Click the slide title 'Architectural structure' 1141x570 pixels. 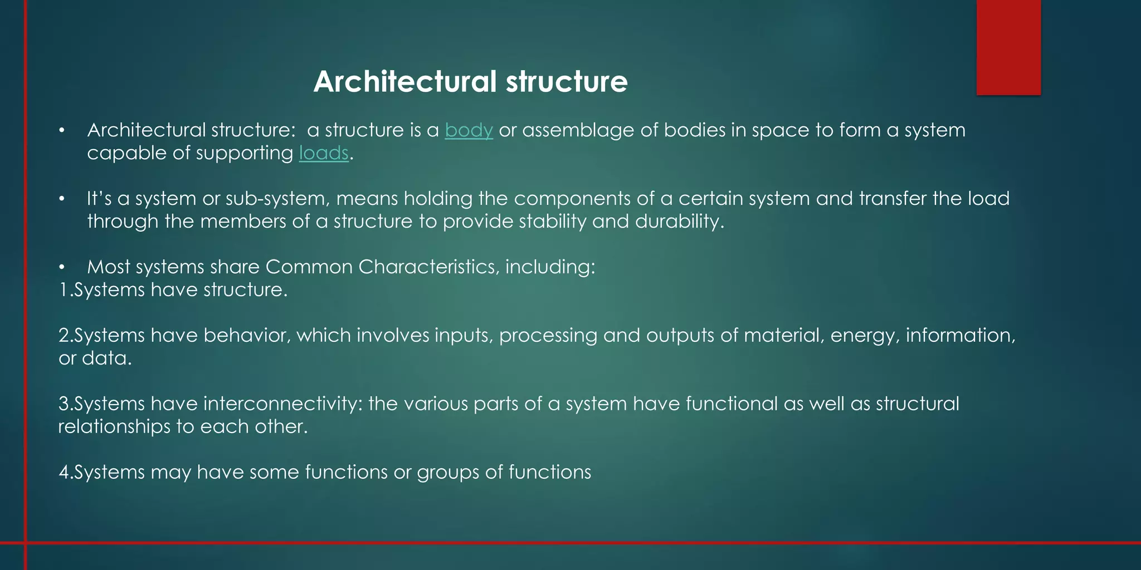point(470,81)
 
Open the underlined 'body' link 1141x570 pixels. point(469,130)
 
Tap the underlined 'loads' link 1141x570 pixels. point(324,153)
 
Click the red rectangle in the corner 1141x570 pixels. point(1008,47)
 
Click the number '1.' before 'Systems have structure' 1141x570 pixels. point(65,290)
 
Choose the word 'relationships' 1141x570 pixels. point(114,427)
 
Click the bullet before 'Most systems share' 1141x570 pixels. point(62,268)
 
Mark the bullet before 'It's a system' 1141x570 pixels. point(62,199)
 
